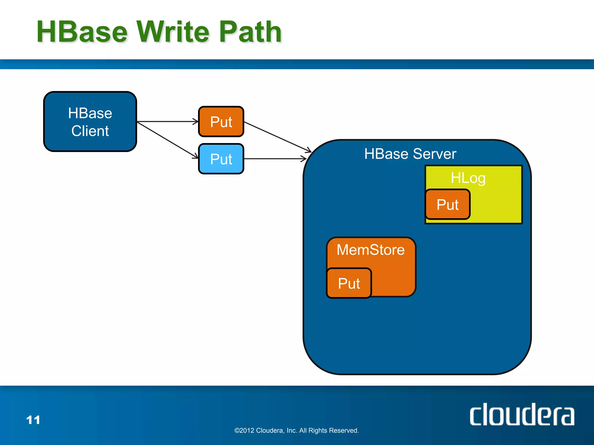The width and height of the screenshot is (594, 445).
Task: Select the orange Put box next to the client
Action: (x=221, y=122)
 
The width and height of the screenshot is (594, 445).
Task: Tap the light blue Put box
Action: (x=221, y=159)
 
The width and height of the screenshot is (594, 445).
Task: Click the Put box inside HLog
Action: (x=448, y=205)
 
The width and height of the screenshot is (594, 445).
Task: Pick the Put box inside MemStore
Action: (x=349, y=283)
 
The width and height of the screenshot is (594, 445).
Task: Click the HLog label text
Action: (x=468, y=178)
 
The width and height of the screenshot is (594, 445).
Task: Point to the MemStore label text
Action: (x=370, y=250)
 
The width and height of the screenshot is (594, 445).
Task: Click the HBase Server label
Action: (x=410, y=154)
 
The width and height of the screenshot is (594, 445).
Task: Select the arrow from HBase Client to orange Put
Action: (x=168, y=122)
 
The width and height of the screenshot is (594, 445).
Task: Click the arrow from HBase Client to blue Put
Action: (x=168, y=140)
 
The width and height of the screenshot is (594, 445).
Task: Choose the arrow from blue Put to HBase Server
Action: (x=275, y=159)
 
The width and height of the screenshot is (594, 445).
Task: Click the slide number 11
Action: (x=33, y=420)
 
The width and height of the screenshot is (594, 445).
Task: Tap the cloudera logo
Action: (x=522, y=415)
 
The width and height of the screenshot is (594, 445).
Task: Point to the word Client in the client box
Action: (x=90, y=131)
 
